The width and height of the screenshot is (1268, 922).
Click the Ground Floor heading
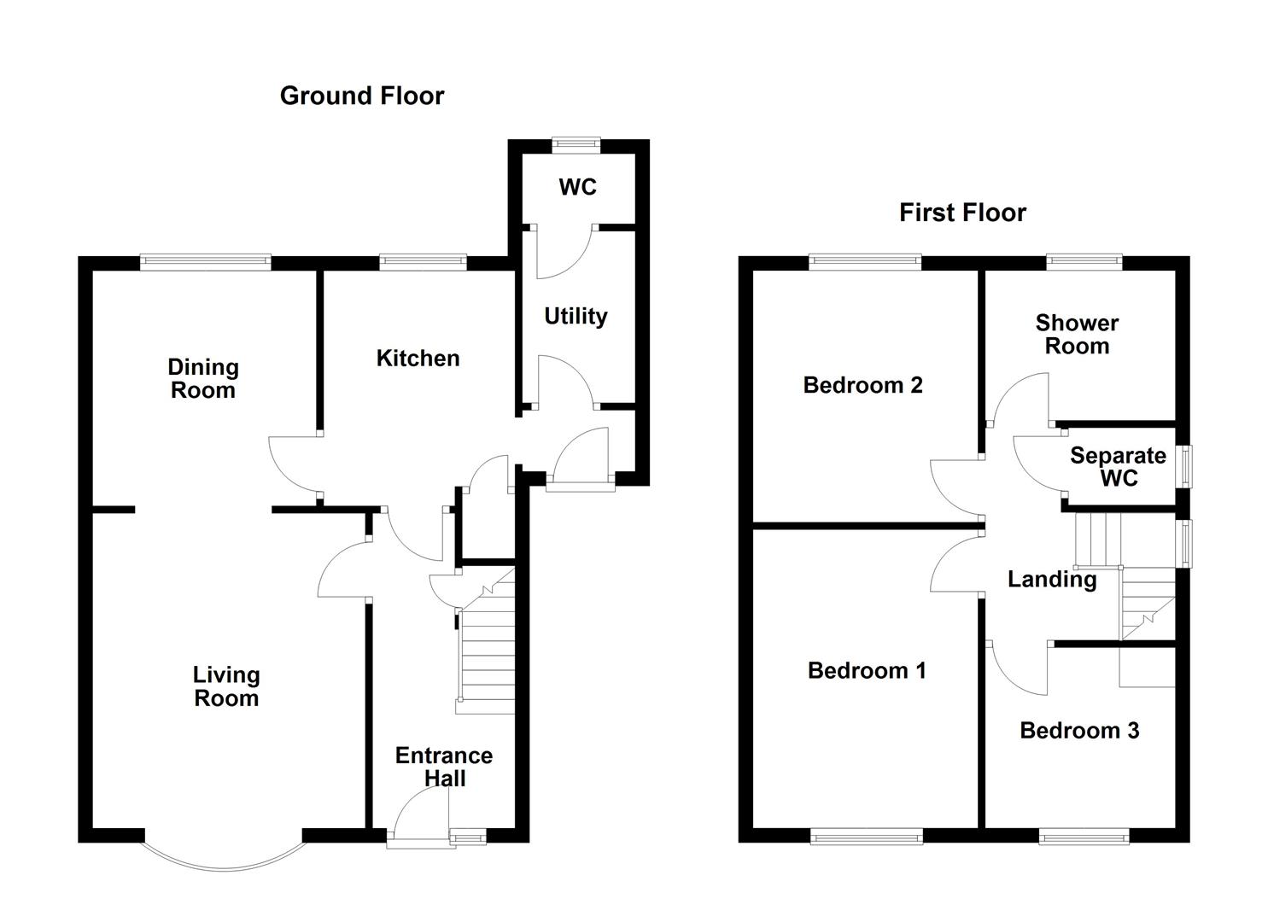click(x=362, y=96)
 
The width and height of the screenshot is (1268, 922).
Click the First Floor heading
click(x=962, y=213)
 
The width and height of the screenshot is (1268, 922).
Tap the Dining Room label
click(x=202, y=379)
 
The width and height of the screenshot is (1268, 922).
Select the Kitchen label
click(x=418, y=359)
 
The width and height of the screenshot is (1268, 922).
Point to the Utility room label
click(x=576, y=317)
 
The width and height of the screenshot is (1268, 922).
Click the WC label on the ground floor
click(x=577, y=187)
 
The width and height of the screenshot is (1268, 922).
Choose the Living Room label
click(x=225, y=687)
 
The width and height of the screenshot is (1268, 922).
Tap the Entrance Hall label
click(x=444, y=767)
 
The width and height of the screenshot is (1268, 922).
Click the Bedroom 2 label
click(x=862, y=385)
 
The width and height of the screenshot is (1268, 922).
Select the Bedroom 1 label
click(x=867, y=671)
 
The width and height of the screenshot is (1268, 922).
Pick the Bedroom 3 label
click(x=1079, y=731)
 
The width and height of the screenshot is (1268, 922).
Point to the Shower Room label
click(x=1077, y=335)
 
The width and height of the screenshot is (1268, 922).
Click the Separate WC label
click(x=1118, y=467)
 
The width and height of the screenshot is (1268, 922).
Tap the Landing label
click(x=1052, y=580)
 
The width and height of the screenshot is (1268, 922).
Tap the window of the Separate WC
click(x=1185, y=467)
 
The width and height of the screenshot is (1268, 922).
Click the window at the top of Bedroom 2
click(x=866, y=262)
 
